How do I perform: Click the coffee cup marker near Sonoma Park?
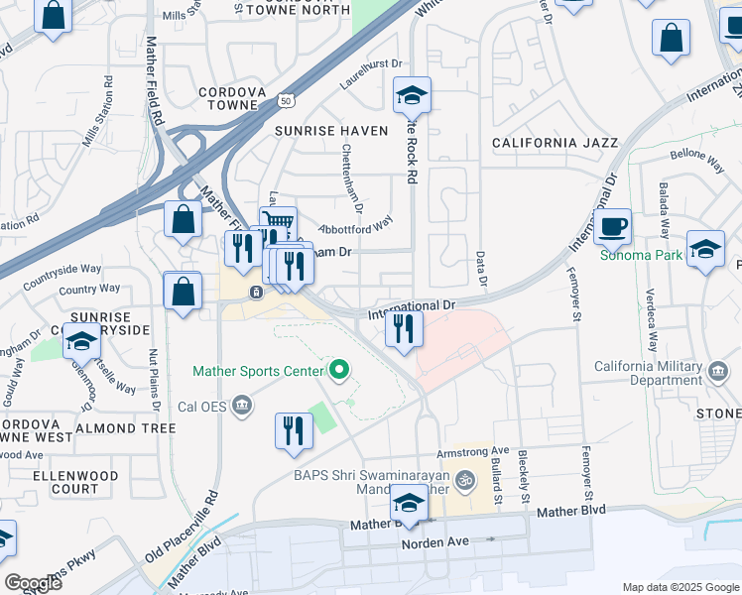click(x=614, y=227)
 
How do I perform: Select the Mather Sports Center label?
click(x=259, y=372)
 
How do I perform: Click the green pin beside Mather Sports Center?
click(x=339, y=371)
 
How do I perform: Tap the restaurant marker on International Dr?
click(x=404, y=329)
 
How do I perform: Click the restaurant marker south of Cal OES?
click(x=294, y=431)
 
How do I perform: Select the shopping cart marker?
click(x=279, y=223)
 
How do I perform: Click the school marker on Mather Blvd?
click(x=410, y=503)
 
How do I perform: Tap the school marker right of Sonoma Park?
click(x=705, y=249)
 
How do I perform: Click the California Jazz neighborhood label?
click(x=555, y=143)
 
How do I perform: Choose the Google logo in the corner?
click(x=34, y=583)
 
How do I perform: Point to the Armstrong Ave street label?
click(x=479, y=450)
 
